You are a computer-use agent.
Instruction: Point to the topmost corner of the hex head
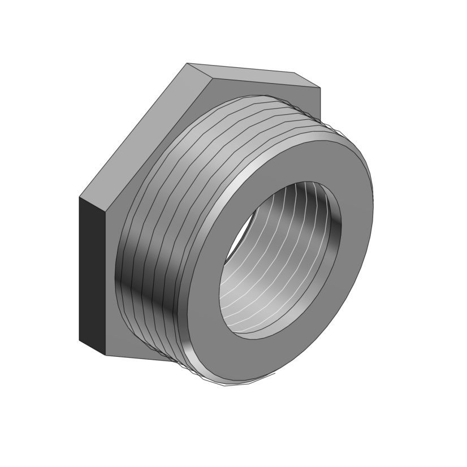click(x=187, y=63)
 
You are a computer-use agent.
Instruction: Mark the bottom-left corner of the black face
click(x=79, y=340)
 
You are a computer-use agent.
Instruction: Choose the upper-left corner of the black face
click(x=79, y=197)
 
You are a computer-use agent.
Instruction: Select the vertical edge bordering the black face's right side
click(x=106, y=283)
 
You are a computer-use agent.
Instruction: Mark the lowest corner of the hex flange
click(x=106, y=356)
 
